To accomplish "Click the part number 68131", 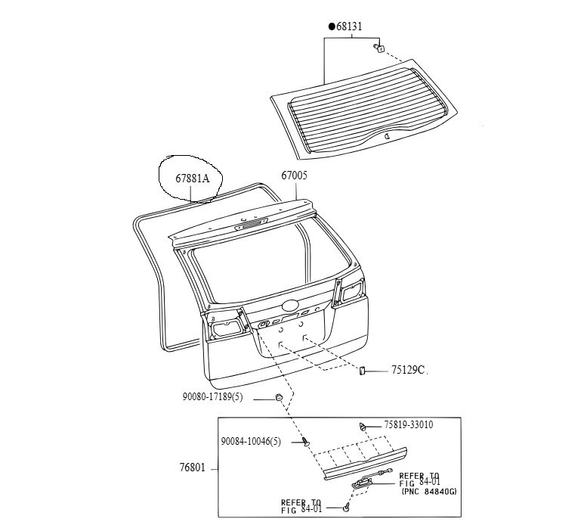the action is (x=349, y=26).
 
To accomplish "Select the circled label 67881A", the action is (x=193, y=179).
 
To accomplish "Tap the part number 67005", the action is (x=294, y=175).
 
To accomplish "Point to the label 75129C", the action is (x=408, y=370).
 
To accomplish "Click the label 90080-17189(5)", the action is (x=212, y=396).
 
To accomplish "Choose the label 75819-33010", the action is (x=409, y=424).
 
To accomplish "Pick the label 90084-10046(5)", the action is (x=251, y=442).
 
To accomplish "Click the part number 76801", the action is (x=193, y=467).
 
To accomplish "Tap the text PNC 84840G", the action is (x=429, y=491).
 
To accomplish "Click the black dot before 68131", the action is (x=332, y=26).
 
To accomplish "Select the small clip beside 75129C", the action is (x=362, y=371).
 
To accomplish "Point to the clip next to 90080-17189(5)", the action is (x=279, y=397).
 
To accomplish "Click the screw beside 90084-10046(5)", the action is (x=306, y=443).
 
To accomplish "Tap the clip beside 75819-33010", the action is (x=362, y=427).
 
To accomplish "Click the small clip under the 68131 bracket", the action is (x=378, y=48).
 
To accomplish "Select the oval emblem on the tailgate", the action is (x=289, y=306).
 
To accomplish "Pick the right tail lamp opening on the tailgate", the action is (x=351, y=290).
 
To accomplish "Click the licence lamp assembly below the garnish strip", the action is (x=360, y=483).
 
